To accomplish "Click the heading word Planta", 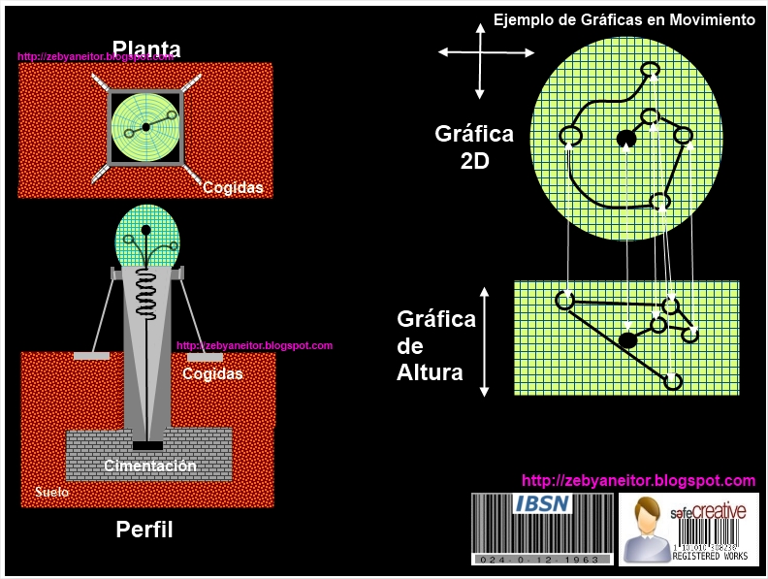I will point(146,48).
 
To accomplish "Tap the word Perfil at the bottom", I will point(144,530).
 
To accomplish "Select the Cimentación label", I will point(150,466).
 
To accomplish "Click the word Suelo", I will point(51,492).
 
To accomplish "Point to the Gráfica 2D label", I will point(474,146).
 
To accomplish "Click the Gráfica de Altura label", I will point(435,345).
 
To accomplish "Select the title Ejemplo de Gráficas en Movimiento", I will point(624,19).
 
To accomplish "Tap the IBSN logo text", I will point(542,504).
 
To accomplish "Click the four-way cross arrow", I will point(479,60).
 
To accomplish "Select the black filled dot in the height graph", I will point(627,339).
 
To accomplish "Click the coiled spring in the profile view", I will point(146,286).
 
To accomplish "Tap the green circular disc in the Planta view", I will point(145,127).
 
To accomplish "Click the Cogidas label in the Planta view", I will point(233,188).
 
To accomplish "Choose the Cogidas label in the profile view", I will point(212,373).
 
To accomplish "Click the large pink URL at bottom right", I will point(638,480).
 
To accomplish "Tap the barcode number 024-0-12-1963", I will point(542,559).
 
